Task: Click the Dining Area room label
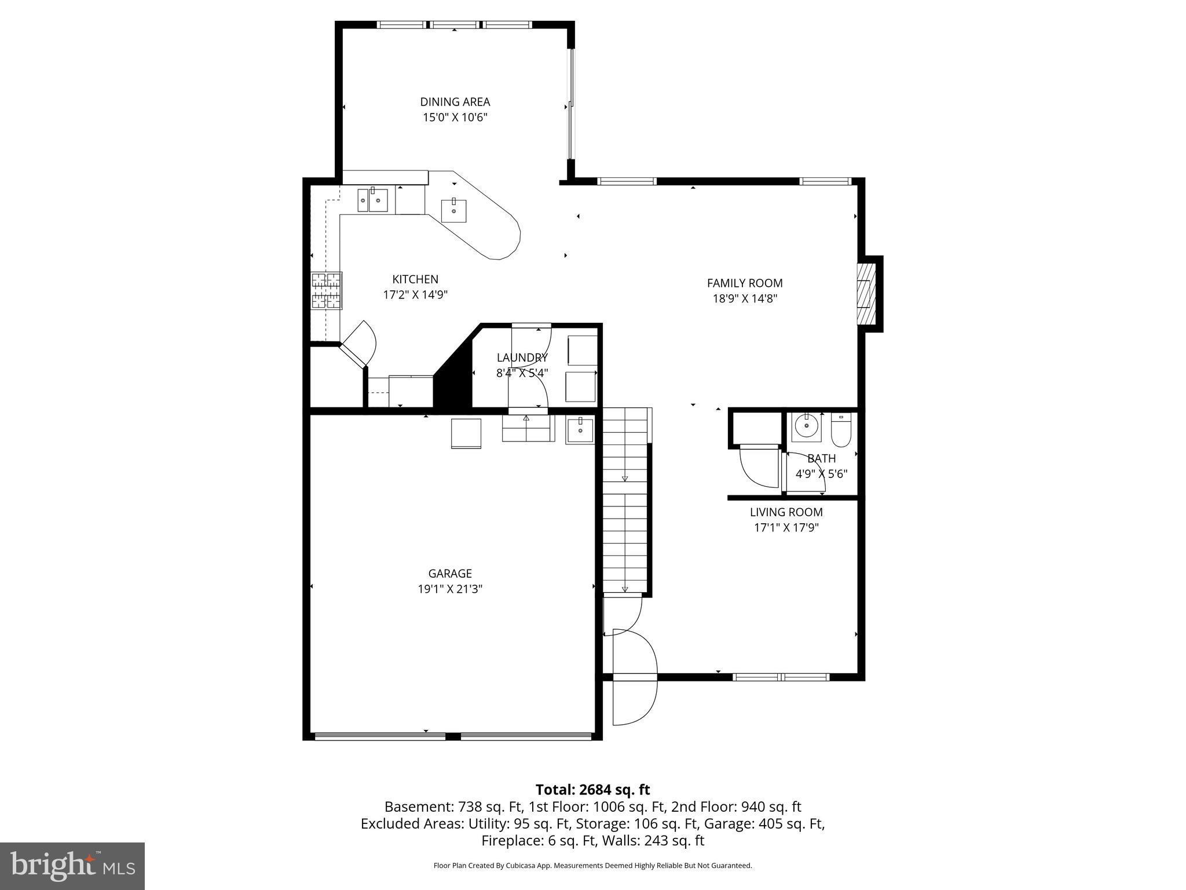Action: coord(455,102)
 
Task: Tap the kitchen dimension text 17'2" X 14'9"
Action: coord(415,295)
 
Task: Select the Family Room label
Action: coord(744,283)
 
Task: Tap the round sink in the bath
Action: coord(806,426)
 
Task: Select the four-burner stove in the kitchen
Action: coord(326,291)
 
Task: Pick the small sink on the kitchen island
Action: coord(453,210)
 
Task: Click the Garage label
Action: coord(450,574)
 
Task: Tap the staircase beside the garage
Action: coord(625,501)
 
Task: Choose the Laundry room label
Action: coord(522,358)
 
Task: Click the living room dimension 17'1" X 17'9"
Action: coord(786,528)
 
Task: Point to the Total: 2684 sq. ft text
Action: coord(592,790)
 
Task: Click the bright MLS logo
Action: coord(72,866)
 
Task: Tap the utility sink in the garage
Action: coord(579,431)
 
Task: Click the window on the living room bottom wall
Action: coord(781,677)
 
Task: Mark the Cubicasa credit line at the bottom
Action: coord(592,866)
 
